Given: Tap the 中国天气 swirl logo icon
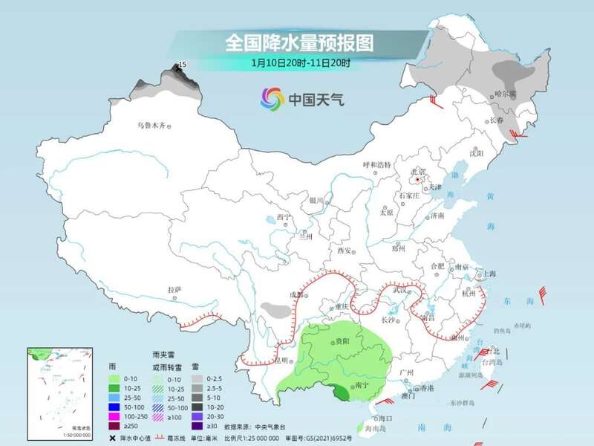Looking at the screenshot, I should pyautogui.click(x=272, y=97).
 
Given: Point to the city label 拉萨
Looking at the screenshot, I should pyautogui.click(x=174, y=290).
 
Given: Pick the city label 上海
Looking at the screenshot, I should pyautogui.click(x=489, y=274).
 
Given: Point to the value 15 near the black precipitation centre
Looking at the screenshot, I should pyautogui.click(x=183, y=65).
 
